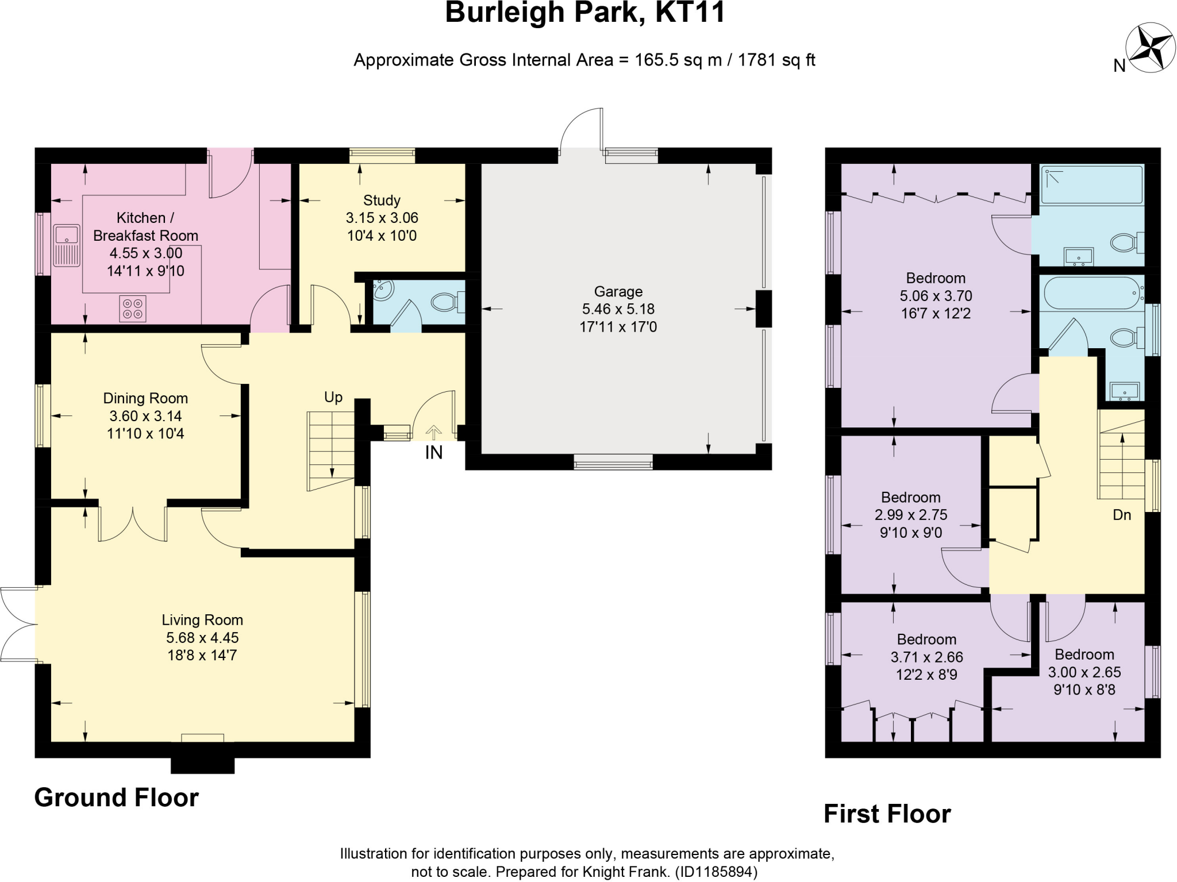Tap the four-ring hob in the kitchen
pos(132,308)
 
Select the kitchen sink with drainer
pos(67,245)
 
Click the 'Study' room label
pos(382,201)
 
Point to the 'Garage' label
pos(618,291)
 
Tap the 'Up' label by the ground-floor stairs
pos(333,397)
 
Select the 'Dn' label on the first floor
pos(1122,515)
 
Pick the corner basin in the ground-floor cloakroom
pos(383,290)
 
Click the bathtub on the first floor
pos(1091,294)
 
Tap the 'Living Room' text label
pos(202,620)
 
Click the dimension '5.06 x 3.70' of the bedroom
pos(936,296)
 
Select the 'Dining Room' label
pos(145,398)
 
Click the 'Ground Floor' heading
pos(117,798)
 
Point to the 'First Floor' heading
pos(887,814)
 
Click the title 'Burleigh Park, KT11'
pos(585,13)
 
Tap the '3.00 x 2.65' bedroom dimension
pos(1084,672)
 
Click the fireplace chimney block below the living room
pos(203,765)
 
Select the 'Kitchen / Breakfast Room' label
pos(145,226)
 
